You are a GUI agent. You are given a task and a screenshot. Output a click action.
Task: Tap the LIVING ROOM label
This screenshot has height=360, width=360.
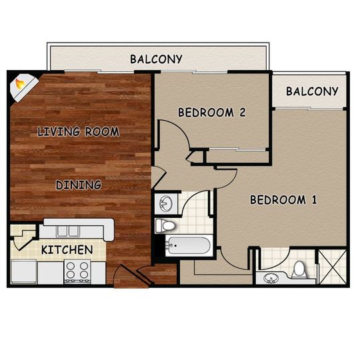[79, 131]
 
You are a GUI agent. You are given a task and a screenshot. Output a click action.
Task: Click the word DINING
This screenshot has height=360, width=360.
[79, 185]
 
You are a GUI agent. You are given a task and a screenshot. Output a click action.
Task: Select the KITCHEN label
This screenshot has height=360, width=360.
[67, 251]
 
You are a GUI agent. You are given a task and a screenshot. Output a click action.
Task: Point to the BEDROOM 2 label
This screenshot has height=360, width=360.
[211, 113]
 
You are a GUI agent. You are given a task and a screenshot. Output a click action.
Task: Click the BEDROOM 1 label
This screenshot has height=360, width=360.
[283, 200]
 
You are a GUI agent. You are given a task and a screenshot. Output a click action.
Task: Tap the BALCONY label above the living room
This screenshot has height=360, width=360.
[156, 59]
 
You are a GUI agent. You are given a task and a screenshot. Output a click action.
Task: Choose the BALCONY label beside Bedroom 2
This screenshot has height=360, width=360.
[312, 91]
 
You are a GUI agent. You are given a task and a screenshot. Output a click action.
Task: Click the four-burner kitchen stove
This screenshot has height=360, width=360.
[77, 271]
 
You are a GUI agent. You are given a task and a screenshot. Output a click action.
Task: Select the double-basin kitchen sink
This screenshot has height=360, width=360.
[67, 231]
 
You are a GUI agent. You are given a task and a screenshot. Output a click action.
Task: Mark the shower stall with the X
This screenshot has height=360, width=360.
[333, 266]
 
